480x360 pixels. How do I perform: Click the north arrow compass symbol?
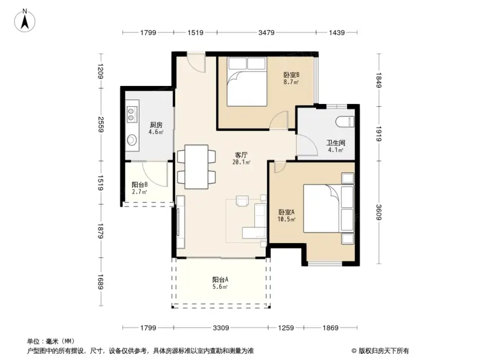25,20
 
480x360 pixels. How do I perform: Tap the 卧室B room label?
291,75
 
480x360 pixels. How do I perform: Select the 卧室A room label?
286,212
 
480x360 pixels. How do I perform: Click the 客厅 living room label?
241,155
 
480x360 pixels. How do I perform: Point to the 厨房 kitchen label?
156,125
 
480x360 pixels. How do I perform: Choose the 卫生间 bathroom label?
335,142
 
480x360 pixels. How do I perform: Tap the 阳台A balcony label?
220,280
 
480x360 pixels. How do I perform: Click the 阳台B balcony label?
140,185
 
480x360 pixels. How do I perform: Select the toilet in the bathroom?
345,122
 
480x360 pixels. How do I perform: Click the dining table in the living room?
197,167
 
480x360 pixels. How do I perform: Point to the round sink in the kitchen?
132,140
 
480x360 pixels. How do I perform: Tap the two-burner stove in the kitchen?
131,114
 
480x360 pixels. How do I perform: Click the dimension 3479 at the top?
266,32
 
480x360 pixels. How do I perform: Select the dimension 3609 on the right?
379,212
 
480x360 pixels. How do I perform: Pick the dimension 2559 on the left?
101,124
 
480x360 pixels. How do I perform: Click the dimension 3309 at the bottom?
220,328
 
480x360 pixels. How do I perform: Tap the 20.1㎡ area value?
241,162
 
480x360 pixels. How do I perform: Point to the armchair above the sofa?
242,201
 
